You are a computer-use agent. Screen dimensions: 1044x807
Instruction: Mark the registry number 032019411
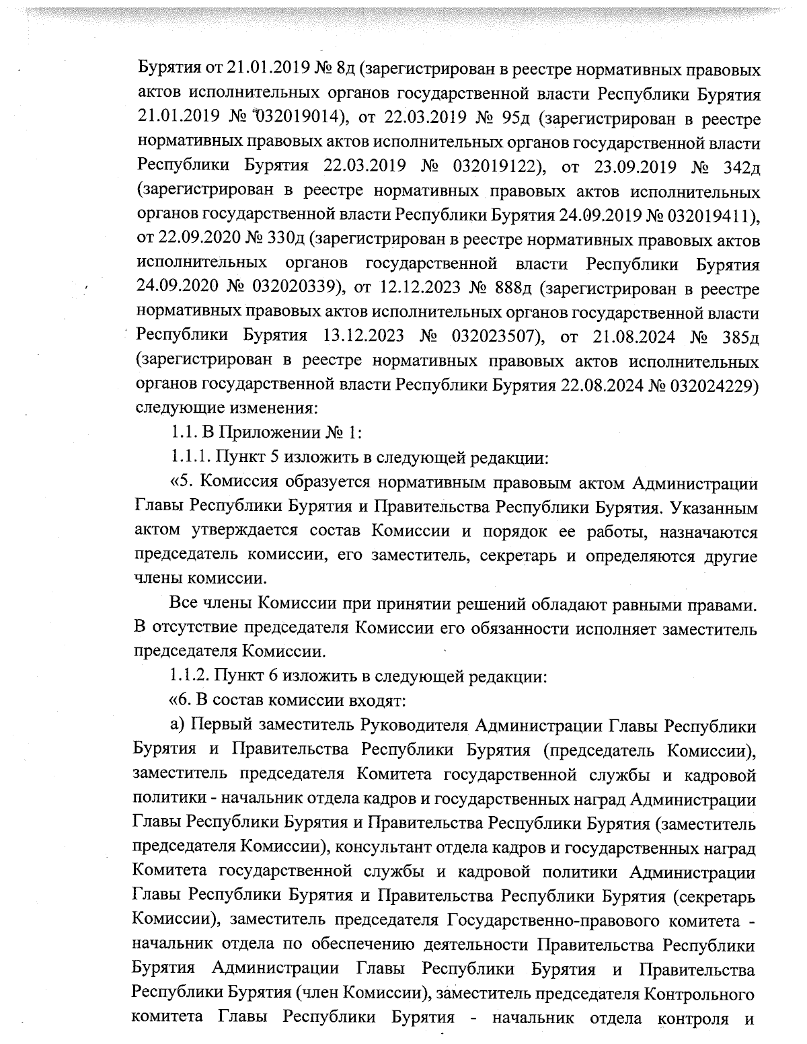pyautogui.click(x=709, y=214)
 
